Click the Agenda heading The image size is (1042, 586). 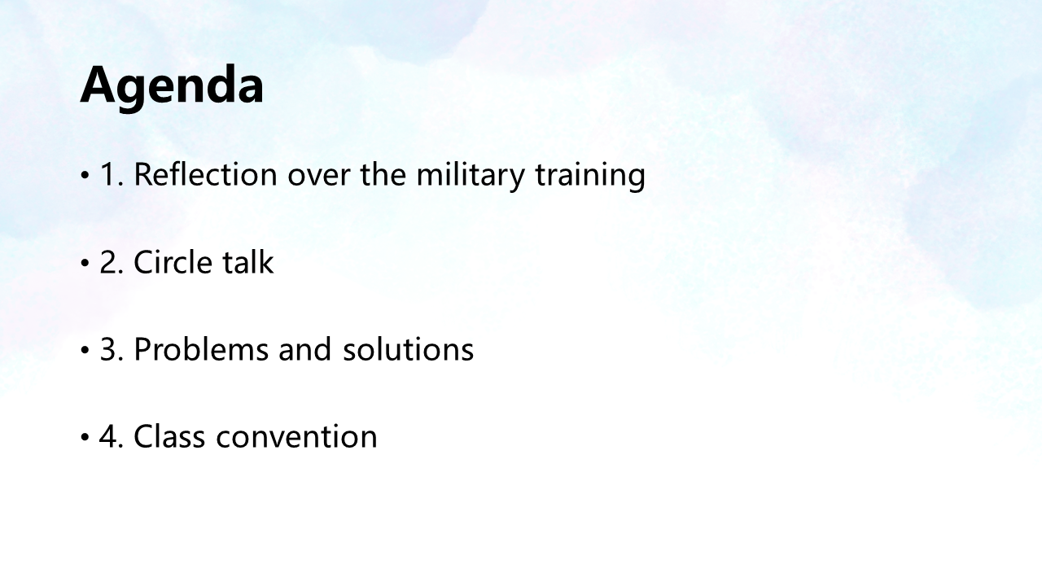172,87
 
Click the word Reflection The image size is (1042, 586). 206,174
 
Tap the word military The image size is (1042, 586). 471,176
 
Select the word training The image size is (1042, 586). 590,176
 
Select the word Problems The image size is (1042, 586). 201,349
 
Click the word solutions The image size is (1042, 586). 409,349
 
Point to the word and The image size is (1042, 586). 305,349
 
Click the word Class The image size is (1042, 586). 169,436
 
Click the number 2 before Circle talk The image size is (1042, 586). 109,262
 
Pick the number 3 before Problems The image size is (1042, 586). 109,349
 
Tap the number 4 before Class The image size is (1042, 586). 109,436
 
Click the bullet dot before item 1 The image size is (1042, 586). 85,176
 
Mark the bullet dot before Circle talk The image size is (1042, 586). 85,263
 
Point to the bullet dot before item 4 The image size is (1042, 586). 85,438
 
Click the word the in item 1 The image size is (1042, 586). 383,174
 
